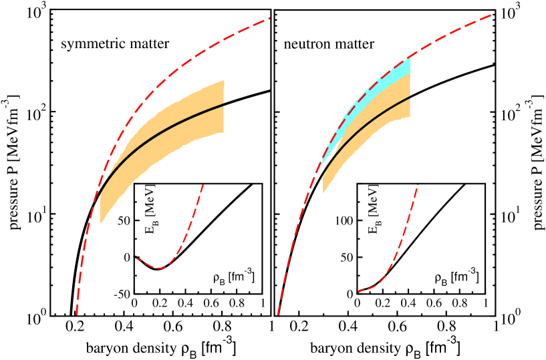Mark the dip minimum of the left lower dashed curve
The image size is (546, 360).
coord(160,268)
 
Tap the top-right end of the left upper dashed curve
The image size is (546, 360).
coord(269,18)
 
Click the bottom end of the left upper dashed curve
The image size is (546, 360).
coord(77,314)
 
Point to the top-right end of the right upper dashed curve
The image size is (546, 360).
coord(492,14)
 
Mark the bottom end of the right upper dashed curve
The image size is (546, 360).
coord(277,315)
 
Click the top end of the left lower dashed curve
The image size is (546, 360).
coord(202,185)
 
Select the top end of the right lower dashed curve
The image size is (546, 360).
coord(418,185)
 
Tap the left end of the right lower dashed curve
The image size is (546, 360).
coord(358,292)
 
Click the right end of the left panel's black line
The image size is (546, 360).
coord(223,104)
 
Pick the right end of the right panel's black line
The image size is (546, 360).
coord(410,96)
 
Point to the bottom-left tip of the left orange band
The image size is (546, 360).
coord(101,222)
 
